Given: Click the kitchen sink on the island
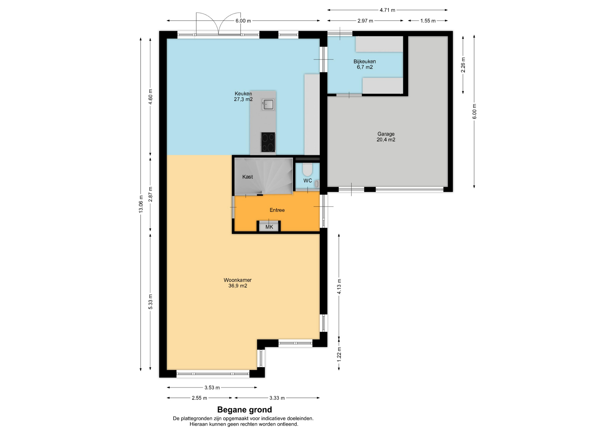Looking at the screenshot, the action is point(268,104).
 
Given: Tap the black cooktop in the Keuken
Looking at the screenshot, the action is point(268,142).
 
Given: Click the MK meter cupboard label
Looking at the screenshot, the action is point(269,227).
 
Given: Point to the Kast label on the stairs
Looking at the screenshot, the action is point(248,177).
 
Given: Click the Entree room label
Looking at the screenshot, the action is point(277,210).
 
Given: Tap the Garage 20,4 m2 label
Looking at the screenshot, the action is point(386,137).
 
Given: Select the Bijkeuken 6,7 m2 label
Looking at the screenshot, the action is point(365,64).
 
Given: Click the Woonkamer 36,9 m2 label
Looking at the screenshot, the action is point(238,283).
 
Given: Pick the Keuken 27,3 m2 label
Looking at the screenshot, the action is point(243,96).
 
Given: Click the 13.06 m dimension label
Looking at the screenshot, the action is point(141,204).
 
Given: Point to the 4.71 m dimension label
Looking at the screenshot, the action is point(388,10).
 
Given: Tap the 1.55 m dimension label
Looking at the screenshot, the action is point(428,21).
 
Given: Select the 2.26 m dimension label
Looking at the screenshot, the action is point(463,65).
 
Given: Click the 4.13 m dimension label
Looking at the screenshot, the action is point(339,286).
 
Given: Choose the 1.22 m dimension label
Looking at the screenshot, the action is point(339,355).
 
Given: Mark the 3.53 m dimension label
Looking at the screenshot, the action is point(212,388).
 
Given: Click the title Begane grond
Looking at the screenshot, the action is point(244,410).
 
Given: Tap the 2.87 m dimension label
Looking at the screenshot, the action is point(151,194).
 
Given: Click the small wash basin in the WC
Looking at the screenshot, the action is point(317,184).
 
